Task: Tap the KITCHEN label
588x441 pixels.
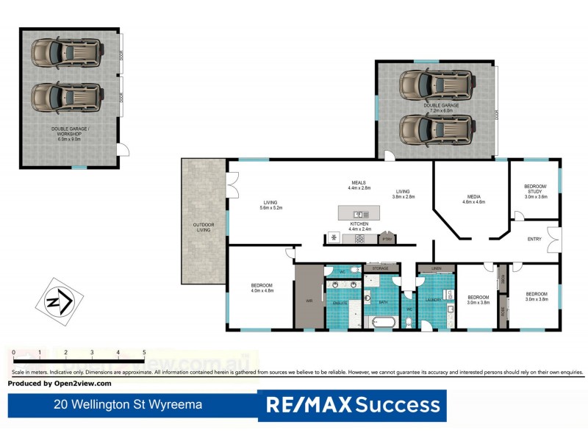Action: point(359,223)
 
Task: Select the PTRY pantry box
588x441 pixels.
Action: point(387,238)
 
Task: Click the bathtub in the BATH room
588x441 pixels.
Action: point(381,321)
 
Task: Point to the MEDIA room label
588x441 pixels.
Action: point(473,196)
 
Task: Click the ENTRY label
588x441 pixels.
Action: point(534,239)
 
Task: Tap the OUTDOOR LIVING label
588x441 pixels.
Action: point(204,227)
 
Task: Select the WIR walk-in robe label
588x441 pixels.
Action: point(309,301)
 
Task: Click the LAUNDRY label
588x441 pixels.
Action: point(432,300)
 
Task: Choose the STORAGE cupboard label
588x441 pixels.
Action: point(380,268)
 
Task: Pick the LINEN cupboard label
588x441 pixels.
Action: point(437,268)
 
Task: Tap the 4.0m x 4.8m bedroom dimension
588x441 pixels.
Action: point(262,290)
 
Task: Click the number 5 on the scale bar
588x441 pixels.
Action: point(144,353)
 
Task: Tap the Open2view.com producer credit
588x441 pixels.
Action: point(60,383)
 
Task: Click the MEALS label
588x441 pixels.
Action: point(359,182)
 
